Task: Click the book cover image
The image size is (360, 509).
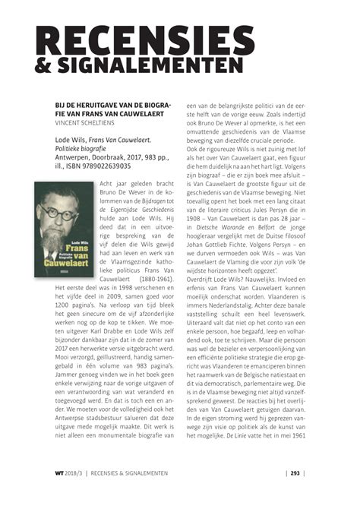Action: pyautogui.click(x=65, y=231)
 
